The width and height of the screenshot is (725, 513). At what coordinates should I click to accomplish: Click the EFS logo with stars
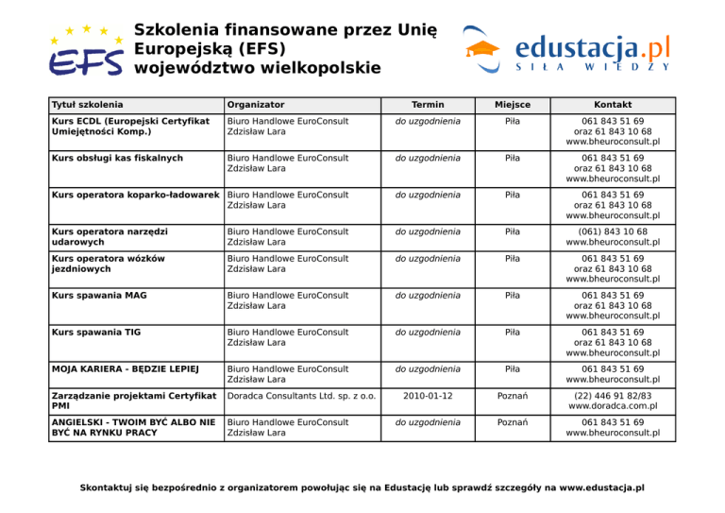85,50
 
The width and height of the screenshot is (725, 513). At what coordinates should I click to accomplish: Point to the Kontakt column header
613,104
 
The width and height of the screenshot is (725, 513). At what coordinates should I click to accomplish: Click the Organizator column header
256,104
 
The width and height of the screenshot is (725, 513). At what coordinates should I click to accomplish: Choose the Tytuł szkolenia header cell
88,104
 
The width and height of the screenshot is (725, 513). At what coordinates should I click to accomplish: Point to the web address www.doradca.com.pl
613,405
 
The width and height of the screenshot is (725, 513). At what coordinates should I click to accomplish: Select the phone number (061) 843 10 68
613,231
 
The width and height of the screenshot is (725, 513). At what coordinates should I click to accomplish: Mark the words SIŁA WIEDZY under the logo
593,68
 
